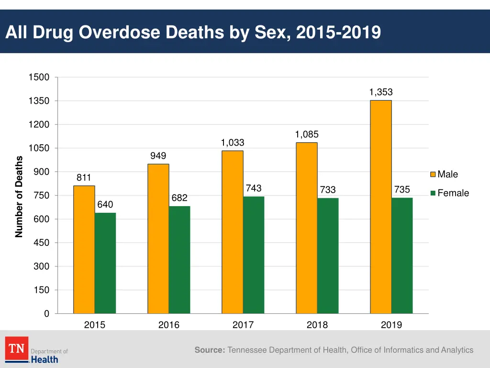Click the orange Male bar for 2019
point(381,207)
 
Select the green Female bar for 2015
point(105,263)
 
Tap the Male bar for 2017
point(233,232)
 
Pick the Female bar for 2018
point(328,255)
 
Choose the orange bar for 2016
point(158,239)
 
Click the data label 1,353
point(381,92)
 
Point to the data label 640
point(105,205)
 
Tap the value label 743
point(254,188)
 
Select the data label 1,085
point(307,134)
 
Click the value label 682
point(179,198)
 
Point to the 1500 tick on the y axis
point(39,78)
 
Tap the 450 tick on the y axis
point(41,243)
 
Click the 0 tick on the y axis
point(46,314)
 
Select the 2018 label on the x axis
point(317,325)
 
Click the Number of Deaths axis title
point(19,196)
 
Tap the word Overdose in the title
point(119,33)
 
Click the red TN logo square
point(17,348)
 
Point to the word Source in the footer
point(210,350)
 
